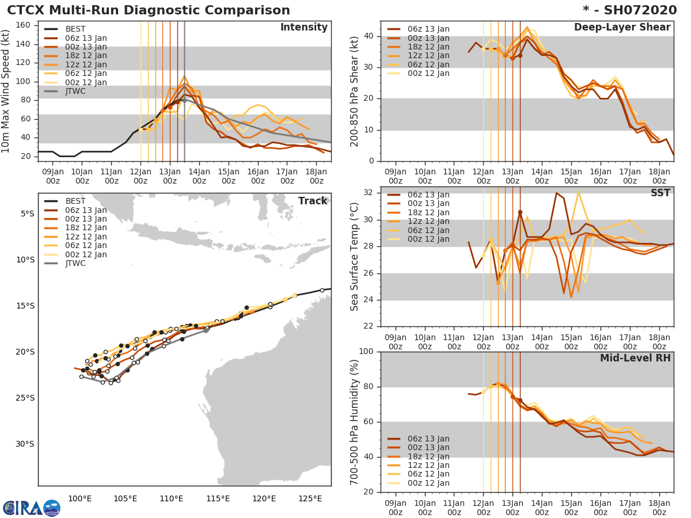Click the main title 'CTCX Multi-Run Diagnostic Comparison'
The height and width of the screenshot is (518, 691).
tap(149, 10)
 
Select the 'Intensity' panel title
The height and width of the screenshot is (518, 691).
tap(303, 28)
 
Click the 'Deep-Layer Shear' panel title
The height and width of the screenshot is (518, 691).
tap(622, 28)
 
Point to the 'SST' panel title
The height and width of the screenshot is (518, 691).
tap(660, 193)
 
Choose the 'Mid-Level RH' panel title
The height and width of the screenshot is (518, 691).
tap(635, 358)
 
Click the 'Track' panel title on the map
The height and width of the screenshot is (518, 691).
tap(313, 201)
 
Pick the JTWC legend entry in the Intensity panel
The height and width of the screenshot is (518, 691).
tap(78, 91)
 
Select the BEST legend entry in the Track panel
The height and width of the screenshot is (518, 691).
tap(75, 201)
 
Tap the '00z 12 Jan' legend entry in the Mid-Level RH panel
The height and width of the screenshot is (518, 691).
tap(428, 483)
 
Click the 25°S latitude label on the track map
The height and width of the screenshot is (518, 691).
tap(26, 398)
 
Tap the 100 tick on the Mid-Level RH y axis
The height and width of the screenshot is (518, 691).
tap(367, 352)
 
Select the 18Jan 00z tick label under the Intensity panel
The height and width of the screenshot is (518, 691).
tap(317, 176)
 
